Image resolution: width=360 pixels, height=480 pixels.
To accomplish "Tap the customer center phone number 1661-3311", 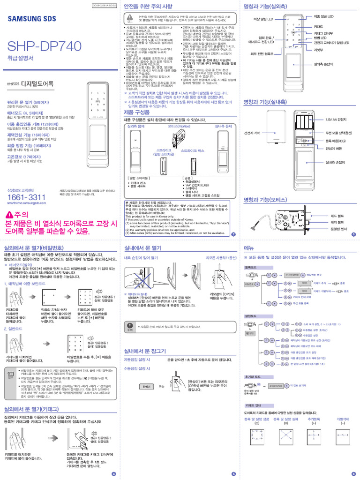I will coord(27,197).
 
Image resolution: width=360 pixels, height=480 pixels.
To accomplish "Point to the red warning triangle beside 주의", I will coord(10,215).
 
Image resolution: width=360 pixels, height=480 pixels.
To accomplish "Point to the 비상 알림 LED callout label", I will coord(263,19).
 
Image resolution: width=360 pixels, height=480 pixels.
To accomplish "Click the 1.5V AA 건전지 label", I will coord(336,120).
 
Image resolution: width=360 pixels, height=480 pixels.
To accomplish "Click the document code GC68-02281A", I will coord(101,5).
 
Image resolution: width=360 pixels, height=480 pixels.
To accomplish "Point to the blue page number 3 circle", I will coord(353,234).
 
